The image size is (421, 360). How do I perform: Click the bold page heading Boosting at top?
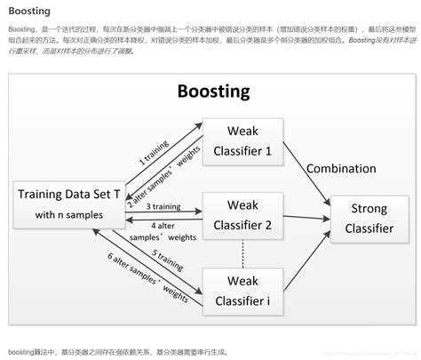click(x=29, y=12)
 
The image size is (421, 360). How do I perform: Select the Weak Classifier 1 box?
click(x=242, y=141)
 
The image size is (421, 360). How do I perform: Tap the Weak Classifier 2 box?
click(x=242, y=216)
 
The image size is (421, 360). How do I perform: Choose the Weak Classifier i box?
click(x=242, y=294)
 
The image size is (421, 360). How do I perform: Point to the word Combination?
click(x=342, y=168)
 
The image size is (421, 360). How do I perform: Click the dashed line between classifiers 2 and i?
click(x=242, y=256)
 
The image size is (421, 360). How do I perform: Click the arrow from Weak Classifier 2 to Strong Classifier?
click(x=306, y=217)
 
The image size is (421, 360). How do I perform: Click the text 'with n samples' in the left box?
click(x=69, y=214)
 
